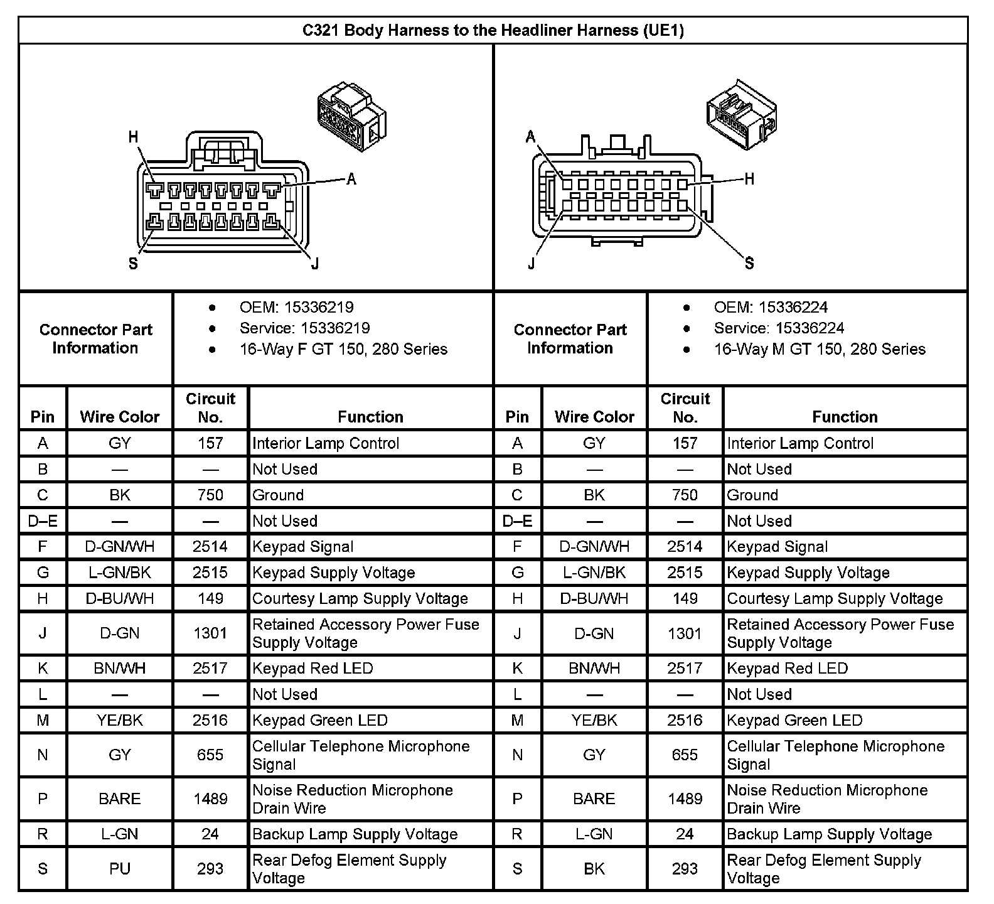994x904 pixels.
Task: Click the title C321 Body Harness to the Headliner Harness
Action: [x=493, y=30]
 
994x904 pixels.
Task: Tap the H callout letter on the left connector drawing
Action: [x=133, y=137]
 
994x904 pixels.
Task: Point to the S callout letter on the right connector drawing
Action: [x=749, y=264]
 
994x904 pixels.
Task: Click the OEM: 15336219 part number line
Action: [x=296, y=308]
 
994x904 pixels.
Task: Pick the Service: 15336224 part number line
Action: [x=778, y=328]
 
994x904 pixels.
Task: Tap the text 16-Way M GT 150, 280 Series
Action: [x=819, y=349]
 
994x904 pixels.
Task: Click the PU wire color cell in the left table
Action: [x=119, y=869]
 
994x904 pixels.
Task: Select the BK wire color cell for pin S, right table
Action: [x=594, y=869]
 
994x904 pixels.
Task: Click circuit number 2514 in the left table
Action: [x=210, y=547]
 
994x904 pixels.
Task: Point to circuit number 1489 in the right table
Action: [x=685, y=799]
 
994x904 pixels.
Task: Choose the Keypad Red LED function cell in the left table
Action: [x=313, y=669]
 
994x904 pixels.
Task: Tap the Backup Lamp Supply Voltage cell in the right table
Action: [x=829, y=834]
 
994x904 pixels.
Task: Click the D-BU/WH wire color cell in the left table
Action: [x=119, y=599]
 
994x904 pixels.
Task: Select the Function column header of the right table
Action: [x=845, y=417]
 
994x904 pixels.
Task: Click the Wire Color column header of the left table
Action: [x=119, y=417]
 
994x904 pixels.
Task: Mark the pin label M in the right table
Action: [x=517, y=721]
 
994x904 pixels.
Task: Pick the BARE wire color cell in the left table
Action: [x=119, y=799]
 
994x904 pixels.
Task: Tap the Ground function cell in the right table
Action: [x=752, y=495]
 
